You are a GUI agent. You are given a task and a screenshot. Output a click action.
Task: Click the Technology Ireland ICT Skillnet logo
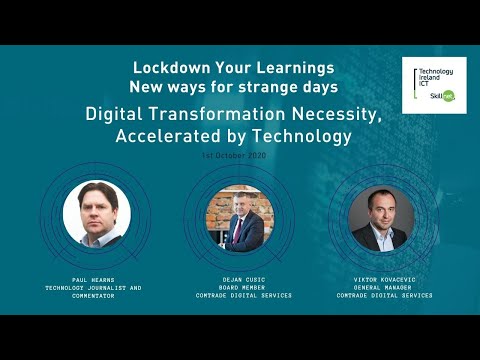tap(433, 85)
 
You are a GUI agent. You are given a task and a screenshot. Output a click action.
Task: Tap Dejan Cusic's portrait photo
tap(234, 218)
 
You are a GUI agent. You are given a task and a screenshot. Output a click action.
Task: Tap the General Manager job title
tap(384, 288)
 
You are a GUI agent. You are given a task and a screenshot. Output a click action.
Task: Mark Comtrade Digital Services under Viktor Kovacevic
tap(384, 295)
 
